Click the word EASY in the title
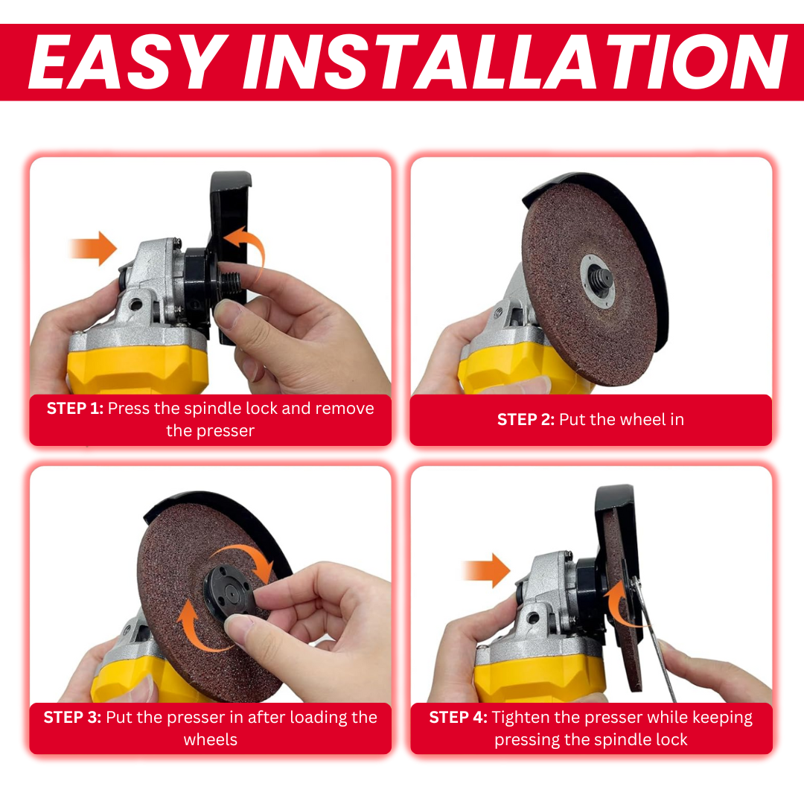[x=127, y=63]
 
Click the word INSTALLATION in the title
[x=514, y=63]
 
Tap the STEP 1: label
[x=75, y=409]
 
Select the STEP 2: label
[x=526, y=420]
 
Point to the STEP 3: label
[x=72, y=718]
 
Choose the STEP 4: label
[x=458, y=718]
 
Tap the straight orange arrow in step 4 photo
[x=485, y=571]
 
